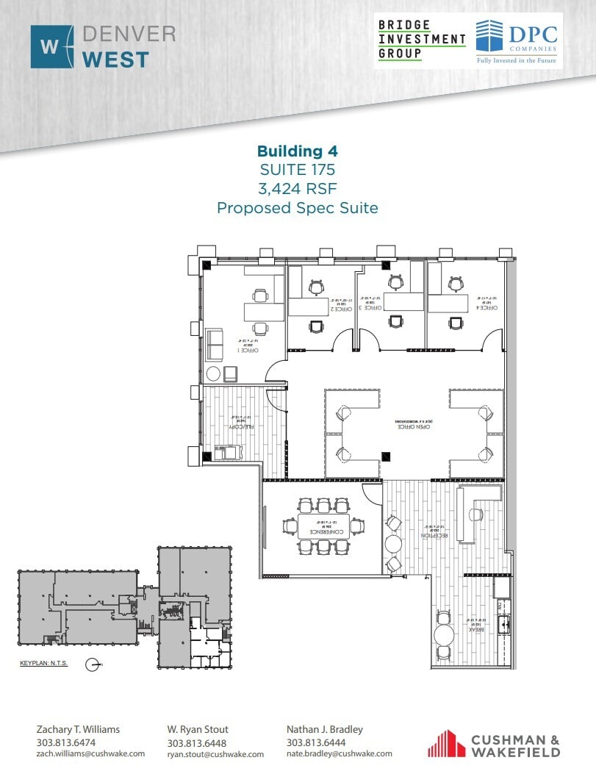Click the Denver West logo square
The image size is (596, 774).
(x=52, y=47)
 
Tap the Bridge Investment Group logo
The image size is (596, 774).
(x=422, y=40)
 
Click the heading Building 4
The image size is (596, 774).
(x=297, y=151)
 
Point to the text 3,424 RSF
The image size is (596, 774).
(x=297, y=189)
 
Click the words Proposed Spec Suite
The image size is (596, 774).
(x=297, y=208)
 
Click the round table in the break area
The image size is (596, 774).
(x=445, y=634)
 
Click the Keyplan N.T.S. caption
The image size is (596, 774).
(x=43, y=664)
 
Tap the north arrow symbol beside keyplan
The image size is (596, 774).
(x=93, y=664)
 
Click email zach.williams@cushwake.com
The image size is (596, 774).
(x=77, y=754)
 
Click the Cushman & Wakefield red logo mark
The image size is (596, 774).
(x=446, y=743)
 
